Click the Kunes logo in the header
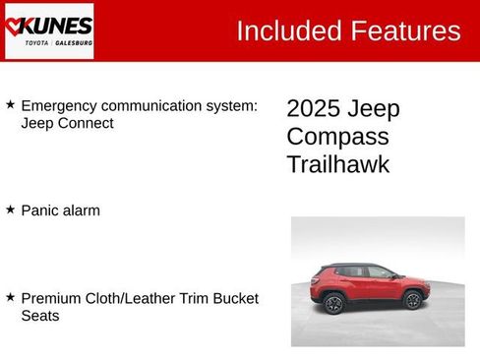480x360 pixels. tap(48, 30)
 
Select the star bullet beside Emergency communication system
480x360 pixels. tap(10, 104)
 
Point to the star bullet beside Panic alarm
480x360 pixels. tap(10, 210)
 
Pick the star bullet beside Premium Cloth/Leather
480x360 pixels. tap(10, 297)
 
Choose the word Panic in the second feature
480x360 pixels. tap(40, 210)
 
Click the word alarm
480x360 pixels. tap(82, 210)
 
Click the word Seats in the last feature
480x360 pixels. tap(40, 316)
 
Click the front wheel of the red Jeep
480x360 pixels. tap(413, 300)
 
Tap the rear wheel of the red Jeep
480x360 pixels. tap(334, 303)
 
